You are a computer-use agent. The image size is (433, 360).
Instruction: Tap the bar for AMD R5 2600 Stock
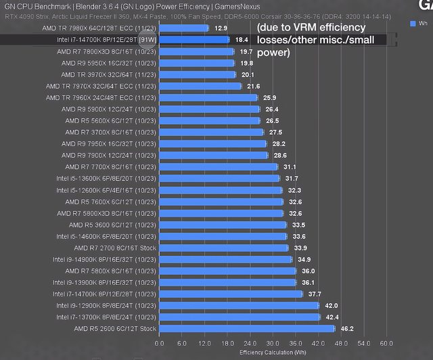tap(247, 328)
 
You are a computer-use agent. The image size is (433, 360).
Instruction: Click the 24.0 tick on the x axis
tap(252, 343)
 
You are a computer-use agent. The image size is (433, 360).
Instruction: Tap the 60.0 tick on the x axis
tap(386, 343)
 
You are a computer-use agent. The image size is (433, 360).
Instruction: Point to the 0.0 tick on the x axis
tap(159, 343)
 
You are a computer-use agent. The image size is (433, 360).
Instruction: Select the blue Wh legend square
tap(413, 24)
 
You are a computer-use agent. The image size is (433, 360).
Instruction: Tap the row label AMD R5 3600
tap(112, 225)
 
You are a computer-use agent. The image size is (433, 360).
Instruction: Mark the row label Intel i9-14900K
tap(104, 259)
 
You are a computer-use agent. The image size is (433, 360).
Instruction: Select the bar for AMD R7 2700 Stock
tap(224, 248)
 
